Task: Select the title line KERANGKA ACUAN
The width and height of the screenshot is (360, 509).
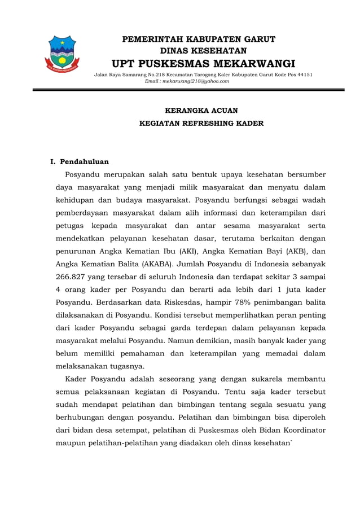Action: click(201, 111)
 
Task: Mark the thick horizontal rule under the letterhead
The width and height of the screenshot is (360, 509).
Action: click(188, 90)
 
